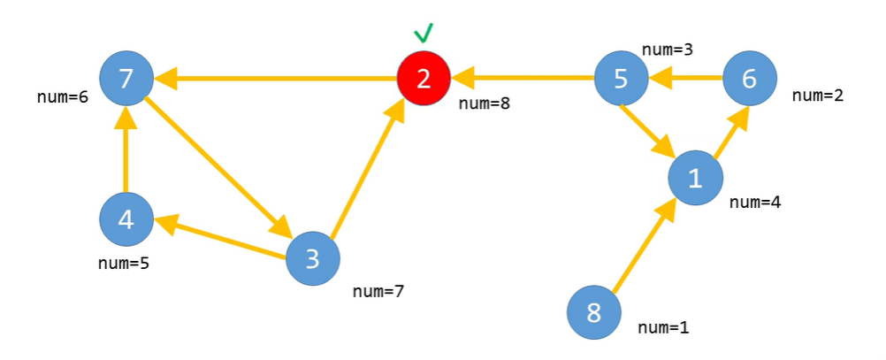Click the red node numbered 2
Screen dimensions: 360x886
click(x=424, y=78)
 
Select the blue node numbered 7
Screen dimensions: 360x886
click(x=126, y=78)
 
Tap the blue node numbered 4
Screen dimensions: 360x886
click(x=126, y=218)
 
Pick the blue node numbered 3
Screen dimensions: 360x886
click(x=313, y=258)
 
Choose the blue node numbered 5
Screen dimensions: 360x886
click(x=621, y=78)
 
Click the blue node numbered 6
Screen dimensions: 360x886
click(x=749, y=78)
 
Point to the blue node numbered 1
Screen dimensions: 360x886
click(x=695, y=179)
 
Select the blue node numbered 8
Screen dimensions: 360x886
click(x=593, y=312)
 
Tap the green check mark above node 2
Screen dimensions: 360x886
click(x=424, y=34)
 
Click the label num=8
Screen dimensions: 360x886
click(x=484, y=103)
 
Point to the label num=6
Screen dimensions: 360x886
click(x=62, y=97)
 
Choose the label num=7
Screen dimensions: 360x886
click(x=378, y=290)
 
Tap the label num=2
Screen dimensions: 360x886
click(x=818, y=96)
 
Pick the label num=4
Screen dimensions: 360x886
click(x=755, y=202)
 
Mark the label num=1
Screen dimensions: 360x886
click(x=663, y=327)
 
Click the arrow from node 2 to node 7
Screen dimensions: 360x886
click(x=274, y=80)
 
